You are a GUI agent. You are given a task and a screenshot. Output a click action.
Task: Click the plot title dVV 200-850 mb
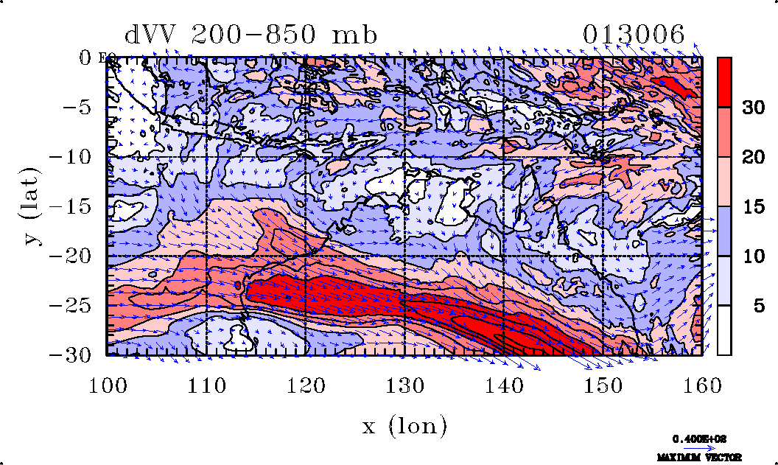click(250, 35)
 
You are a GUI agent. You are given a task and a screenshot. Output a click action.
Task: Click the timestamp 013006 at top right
click(634, 35)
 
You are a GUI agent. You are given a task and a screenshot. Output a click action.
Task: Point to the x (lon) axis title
click(404, 425)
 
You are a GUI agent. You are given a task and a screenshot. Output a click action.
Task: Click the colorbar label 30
click(752, 108)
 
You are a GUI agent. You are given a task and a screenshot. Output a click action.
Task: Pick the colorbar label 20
click(752, 157)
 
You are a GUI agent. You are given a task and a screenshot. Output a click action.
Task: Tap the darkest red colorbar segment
click(724, 82)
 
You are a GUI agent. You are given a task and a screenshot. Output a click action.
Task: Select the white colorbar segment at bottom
click(724, 330)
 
